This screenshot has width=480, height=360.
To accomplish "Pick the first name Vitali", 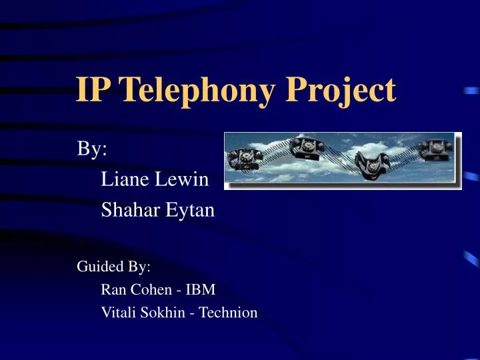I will (117, 312).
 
